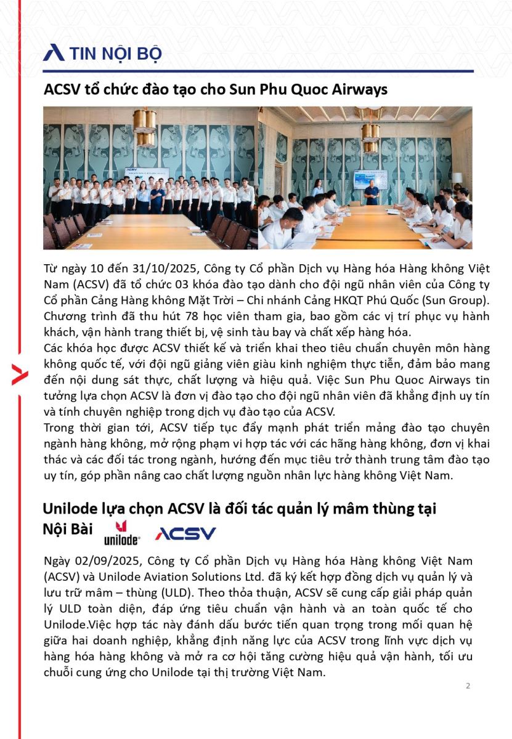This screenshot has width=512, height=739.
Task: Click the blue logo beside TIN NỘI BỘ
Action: (x=54, y=53)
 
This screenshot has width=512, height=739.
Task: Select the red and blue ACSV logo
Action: (x=185, y=533)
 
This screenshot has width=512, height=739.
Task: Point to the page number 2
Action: (x=468, y=686)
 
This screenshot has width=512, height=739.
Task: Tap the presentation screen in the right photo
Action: (x=370, y=178)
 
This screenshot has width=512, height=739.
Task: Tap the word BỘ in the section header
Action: (x=148, y=54)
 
